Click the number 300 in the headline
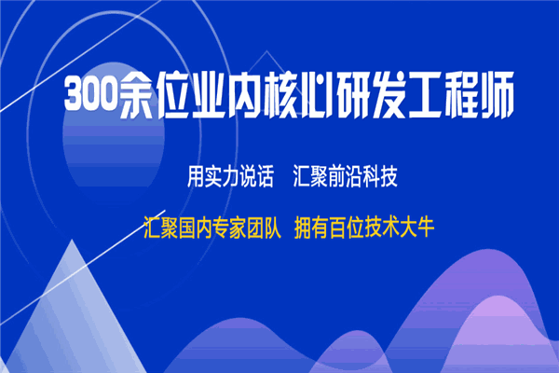[x=91, y=93]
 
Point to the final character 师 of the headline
[x=497, y=94]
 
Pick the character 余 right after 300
[x=137, y=94]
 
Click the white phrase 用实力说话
[x=230, y=176]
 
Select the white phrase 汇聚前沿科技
[x=345, y=176]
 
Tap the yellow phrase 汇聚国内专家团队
[x=212, y=228]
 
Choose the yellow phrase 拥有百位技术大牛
[x=364, y=228]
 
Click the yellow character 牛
[x=426, y=228]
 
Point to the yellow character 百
[x=338, y=228]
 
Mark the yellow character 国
[x=187, y=228]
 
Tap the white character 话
[x=265, y=176]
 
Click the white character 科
[x=371, y=176]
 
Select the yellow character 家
[x=239, y=228]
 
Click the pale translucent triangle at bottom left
[x=73, y=321]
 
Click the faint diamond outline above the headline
[x=266, y=62]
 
